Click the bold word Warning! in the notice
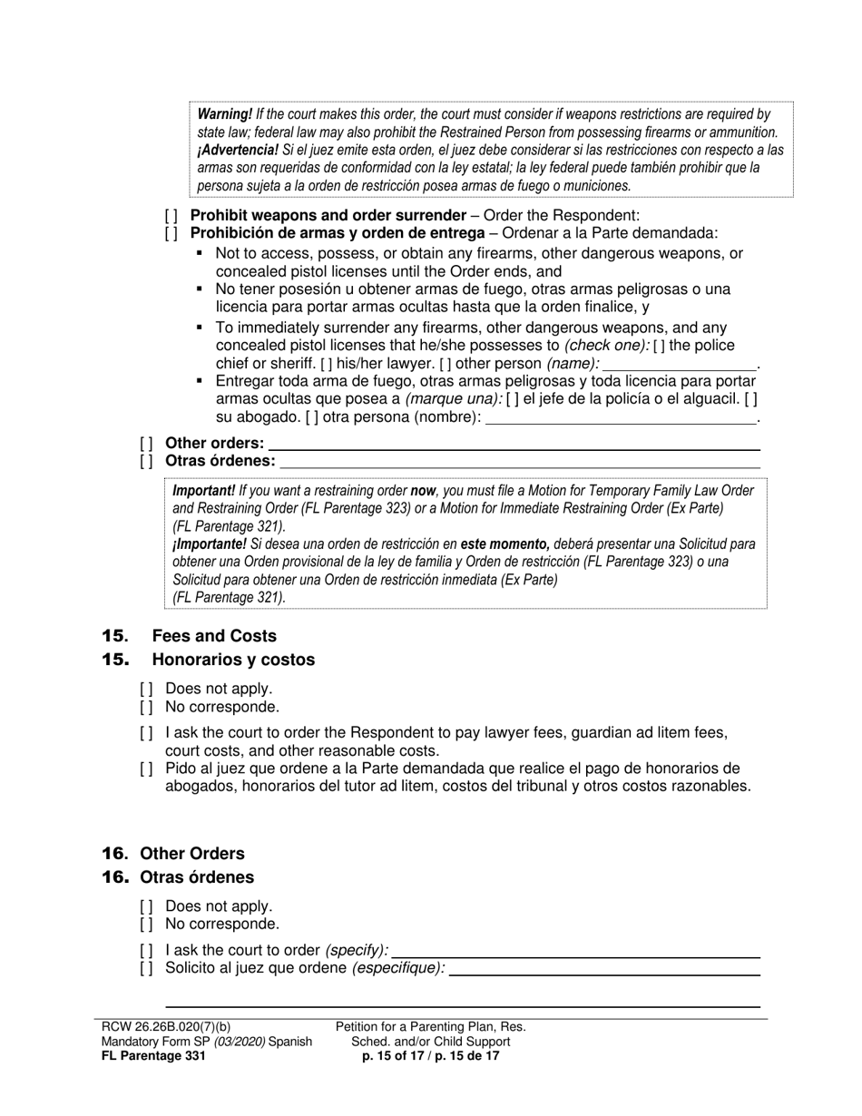[225, 114]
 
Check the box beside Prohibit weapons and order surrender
[171, 216]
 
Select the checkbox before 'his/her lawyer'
[326, 364]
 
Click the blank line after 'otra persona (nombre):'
[622, 418]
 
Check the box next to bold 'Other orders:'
[146, 444]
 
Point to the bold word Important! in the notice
[203, 491]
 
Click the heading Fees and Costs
[214, 636]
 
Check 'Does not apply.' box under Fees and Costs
[146, 689]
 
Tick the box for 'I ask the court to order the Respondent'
[146, 733]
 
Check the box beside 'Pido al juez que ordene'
[146, 769]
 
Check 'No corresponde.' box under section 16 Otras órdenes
[146, 925]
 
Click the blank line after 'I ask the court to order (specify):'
[576, 951]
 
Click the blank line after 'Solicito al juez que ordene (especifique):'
[604, 969]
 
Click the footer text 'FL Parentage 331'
[154, 1056]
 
